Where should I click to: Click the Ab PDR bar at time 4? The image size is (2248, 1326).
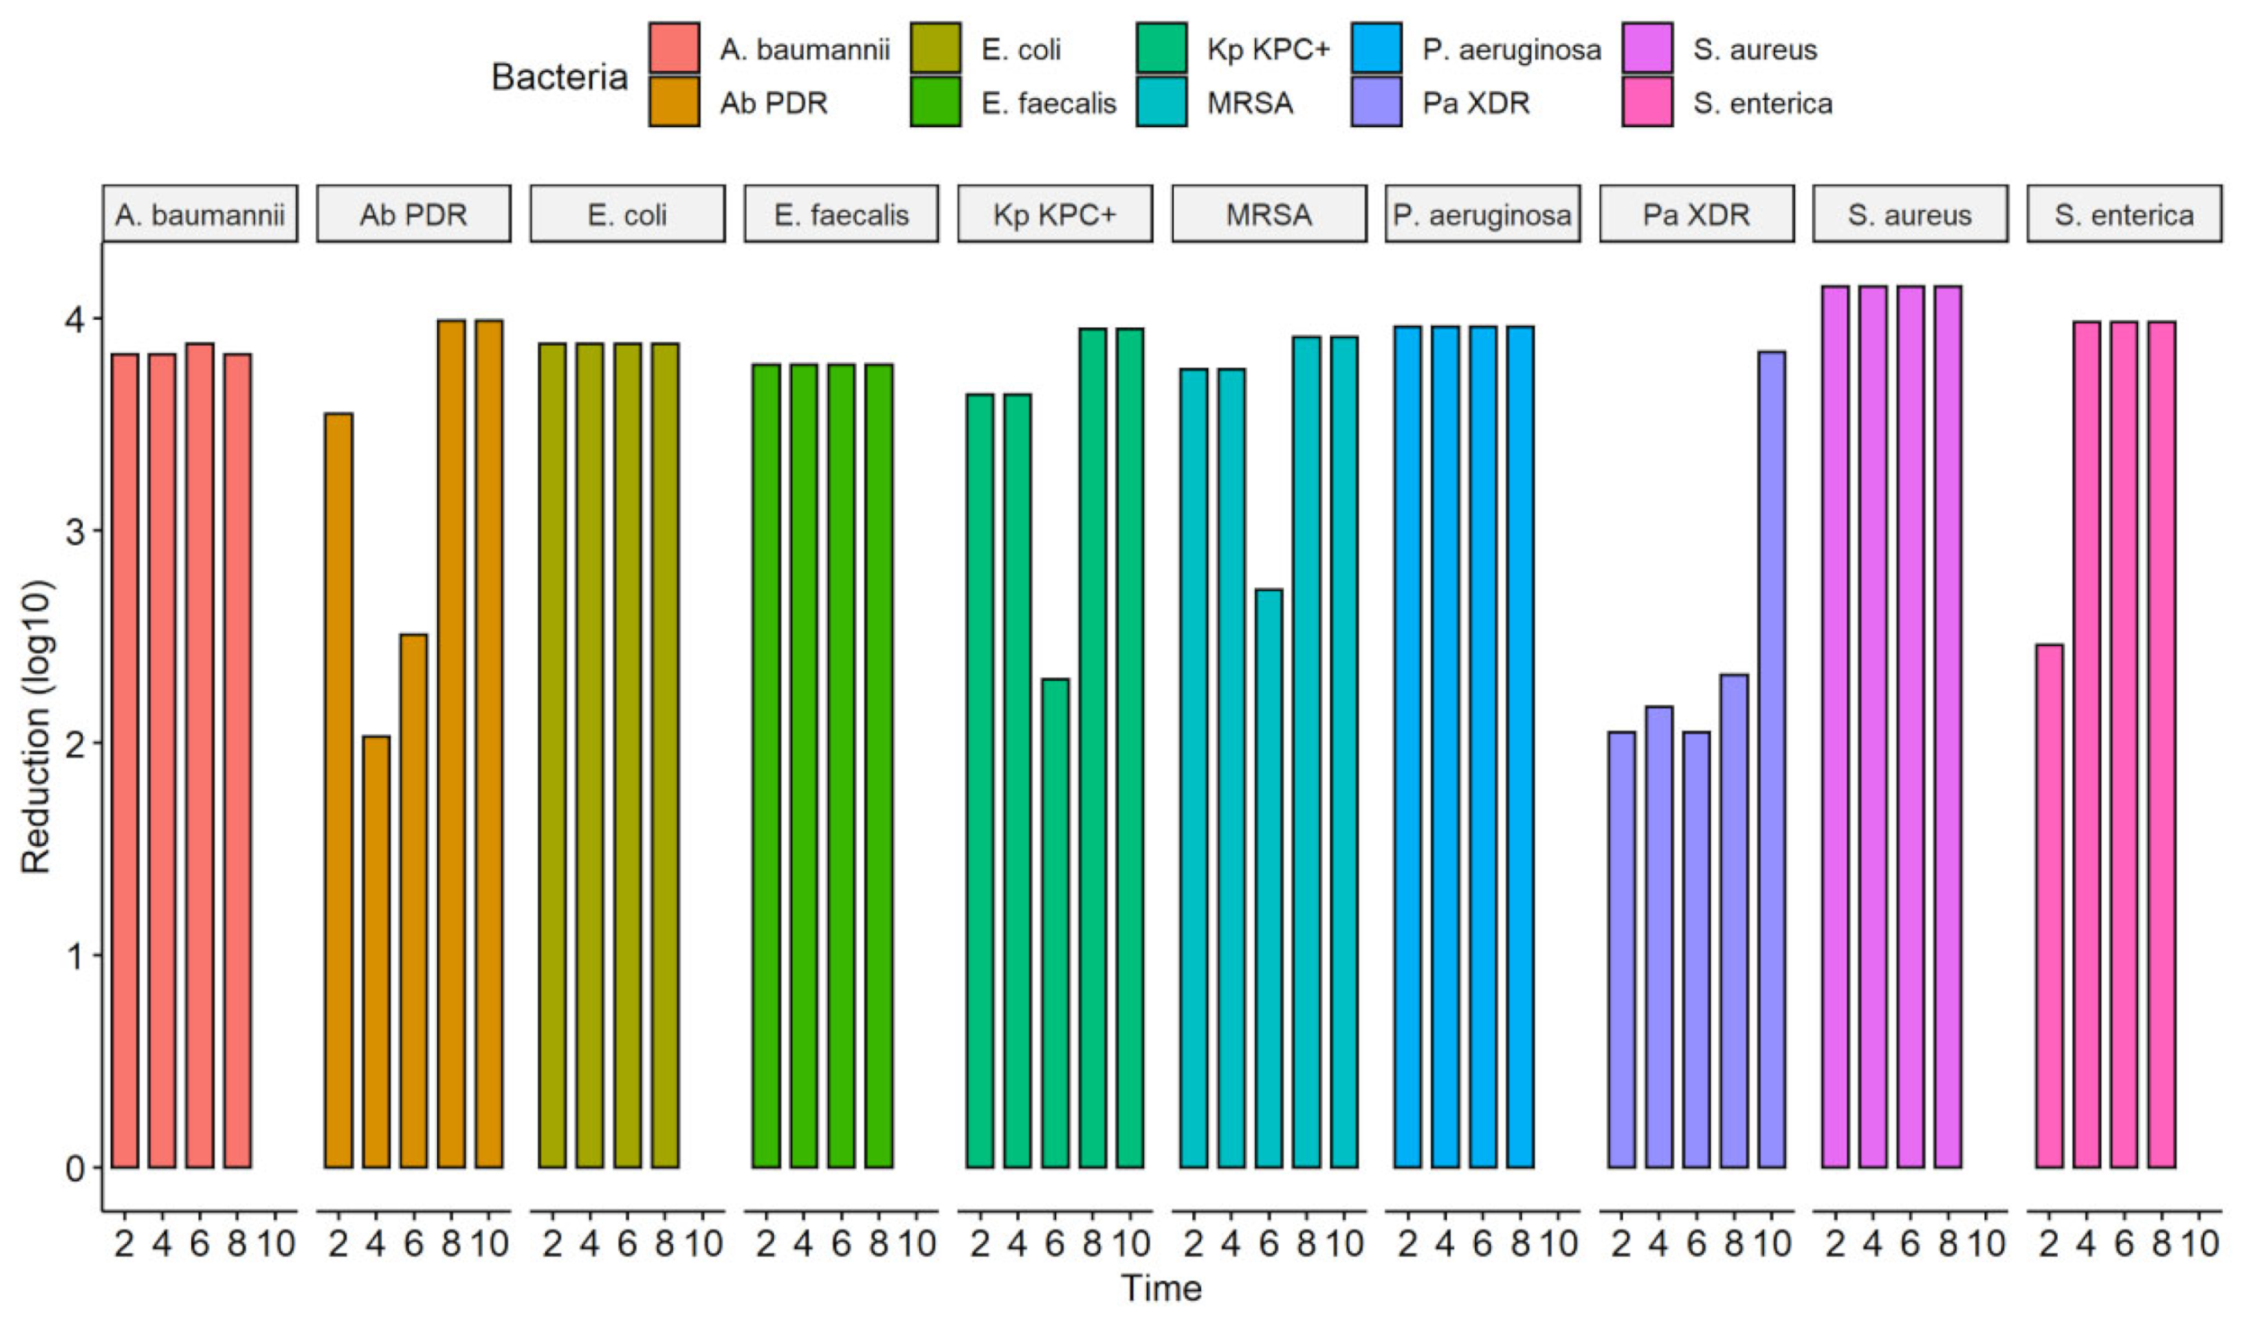click(376, 951)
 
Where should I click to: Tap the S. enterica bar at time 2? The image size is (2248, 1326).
click(2049, 905)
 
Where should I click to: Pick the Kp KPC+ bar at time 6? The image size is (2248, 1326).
click(1055, 922)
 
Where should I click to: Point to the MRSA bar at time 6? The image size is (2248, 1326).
click(1269, 878)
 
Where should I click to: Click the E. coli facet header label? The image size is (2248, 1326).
click(627, 214)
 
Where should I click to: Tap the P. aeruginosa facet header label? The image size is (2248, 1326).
click(1482, 214)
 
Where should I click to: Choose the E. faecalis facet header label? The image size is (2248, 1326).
click(841, 214)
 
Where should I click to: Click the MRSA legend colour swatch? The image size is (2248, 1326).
click(1161, 102)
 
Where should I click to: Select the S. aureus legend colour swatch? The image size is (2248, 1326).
click(1647, 48)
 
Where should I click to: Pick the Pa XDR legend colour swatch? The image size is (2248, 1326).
click(1376, 102)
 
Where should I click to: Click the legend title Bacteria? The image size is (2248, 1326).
click(559, 77)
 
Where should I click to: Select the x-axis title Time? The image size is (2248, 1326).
click(1161, 1288)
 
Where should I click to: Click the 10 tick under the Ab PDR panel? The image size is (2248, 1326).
click(489, 1244)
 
